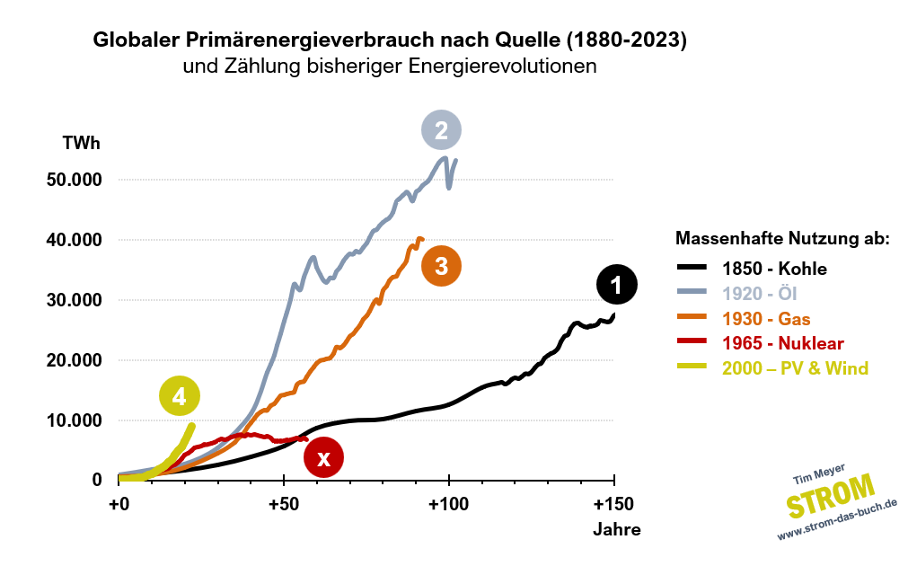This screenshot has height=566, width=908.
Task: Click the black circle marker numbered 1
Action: click(616, 285)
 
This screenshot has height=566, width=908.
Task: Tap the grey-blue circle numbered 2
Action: click(441, 130)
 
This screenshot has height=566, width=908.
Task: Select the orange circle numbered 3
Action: click(441, 266)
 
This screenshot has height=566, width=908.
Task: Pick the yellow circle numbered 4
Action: click(180, 395)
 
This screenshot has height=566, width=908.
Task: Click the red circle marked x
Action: click(324, 458)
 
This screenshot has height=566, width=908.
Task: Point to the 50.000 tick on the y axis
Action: click(75, 180)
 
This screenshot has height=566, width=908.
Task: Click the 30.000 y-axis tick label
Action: click(75, 300)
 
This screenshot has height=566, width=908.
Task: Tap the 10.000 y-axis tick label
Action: click(75, 420)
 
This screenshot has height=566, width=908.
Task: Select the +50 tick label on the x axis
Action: click(284, 502)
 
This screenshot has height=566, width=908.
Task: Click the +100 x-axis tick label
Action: click(448, 502)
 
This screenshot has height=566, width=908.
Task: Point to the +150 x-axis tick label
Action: click(613, 502)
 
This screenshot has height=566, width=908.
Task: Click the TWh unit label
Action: click(81, 143)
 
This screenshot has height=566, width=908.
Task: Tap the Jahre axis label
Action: click(616, 529)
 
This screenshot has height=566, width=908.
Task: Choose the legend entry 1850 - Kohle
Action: click(774, 268)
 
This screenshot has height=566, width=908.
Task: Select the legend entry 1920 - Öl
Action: click(761, 293)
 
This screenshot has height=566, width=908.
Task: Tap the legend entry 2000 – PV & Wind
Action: click(795, 368)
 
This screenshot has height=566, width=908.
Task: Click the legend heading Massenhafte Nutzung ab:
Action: click(782, 239)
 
